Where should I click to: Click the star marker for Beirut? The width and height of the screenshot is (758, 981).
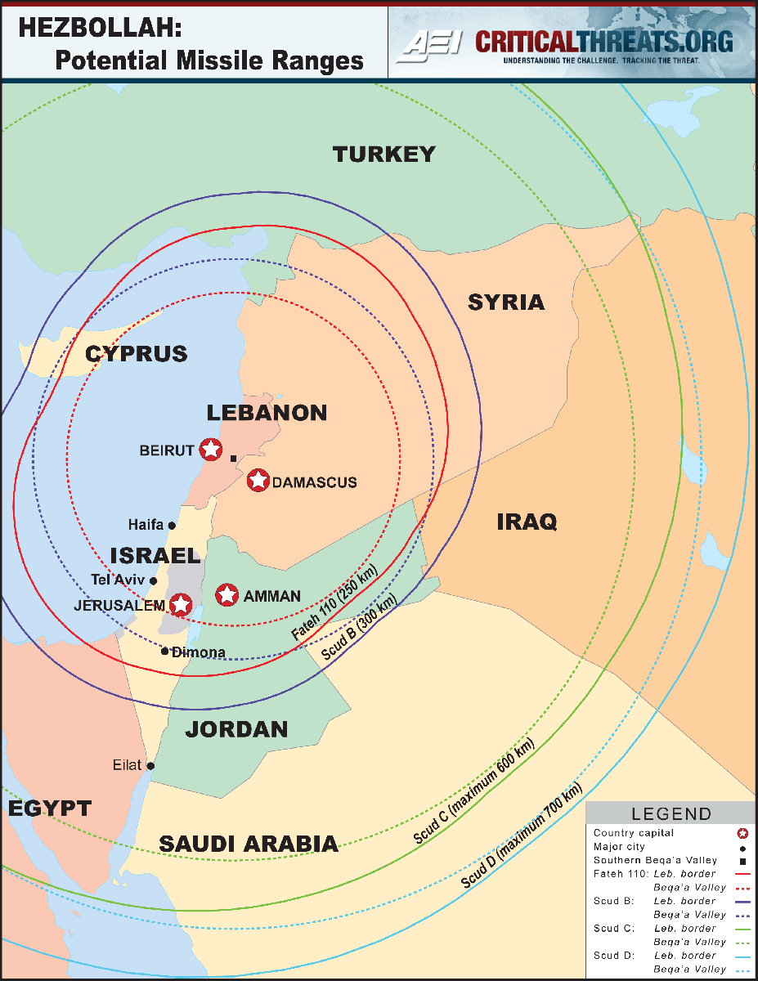[x=210, y=449]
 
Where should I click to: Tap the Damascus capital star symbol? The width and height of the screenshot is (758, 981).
[x=258, y=481]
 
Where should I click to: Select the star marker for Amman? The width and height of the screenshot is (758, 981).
[x=227, y=595]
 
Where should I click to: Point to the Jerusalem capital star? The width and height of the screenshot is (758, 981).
[x=180, y=605]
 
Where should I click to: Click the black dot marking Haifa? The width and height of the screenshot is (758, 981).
[x=172, y=525]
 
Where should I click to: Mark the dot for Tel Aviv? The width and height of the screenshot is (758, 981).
[x=153, y=580]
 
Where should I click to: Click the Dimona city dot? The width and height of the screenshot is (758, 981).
[x=165, y=652]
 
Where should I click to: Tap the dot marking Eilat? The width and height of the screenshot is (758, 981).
[x=150, y=766]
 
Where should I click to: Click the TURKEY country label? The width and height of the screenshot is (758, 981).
[x=383, y=154]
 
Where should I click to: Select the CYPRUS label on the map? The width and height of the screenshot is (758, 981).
[x=137, y=354]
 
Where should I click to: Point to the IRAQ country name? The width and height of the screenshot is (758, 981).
[x=527, y=522]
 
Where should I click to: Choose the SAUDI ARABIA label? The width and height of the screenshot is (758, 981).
[x=249, y=844]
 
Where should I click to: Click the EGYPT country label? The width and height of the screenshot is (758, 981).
[x=50, y=809]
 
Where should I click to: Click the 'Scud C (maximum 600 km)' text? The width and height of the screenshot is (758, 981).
[x=473, y=791]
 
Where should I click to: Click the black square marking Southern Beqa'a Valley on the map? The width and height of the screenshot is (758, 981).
[x=233, y=459]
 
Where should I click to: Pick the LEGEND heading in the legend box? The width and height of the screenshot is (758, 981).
[x=671, y=814]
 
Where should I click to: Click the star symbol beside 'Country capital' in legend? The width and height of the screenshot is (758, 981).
[x=742, y=834]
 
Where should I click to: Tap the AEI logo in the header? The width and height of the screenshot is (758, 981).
[x=428, y=46]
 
